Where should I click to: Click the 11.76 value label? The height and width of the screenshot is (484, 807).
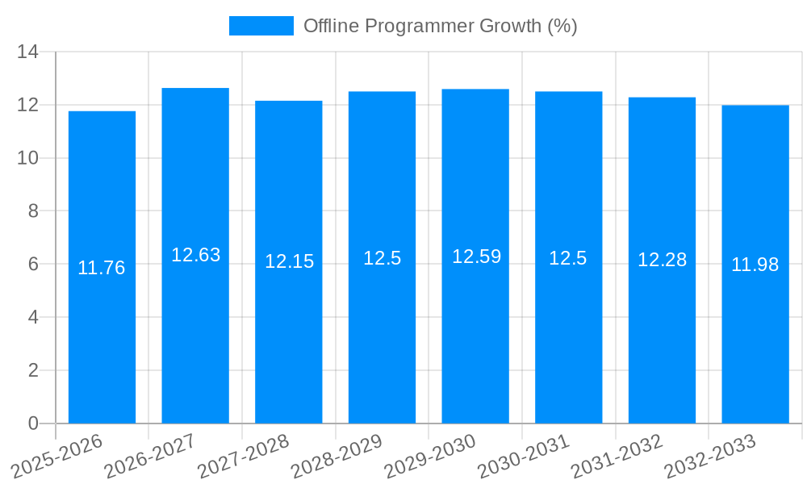(x=102, y=268)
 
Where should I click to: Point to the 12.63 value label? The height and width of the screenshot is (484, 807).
(x=195, y=255)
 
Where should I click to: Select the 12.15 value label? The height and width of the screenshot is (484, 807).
(x=289, y=261)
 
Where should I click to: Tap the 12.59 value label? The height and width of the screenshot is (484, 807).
(x=476, y=257)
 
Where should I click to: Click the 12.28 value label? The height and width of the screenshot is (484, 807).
(x=662, y=260)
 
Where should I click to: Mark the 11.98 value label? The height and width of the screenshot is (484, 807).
(x=755, y=265)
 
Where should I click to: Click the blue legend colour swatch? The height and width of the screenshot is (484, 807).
(x=261, y=26)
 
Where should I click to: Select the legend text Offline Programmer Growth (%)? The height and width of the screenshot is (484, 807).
(x=440, y=26)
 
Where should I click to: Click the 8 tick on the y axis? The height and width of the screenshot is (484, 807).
(x=33, y=211)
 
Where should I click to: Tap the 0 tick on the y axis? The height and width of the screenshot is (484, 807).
(x=33, y=423)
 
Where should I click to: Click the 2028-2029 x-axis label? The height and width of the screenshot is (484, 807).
(x=337, y=457)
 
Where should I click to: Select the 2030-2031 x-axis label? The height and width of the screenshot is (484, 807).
(x=524, y=457)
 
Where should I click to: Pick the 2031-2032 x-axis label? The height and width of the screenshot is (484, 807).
(x=617, y=457)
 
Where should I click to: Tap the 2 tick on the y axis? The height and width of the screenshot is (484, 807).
(x=33, y=370)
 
